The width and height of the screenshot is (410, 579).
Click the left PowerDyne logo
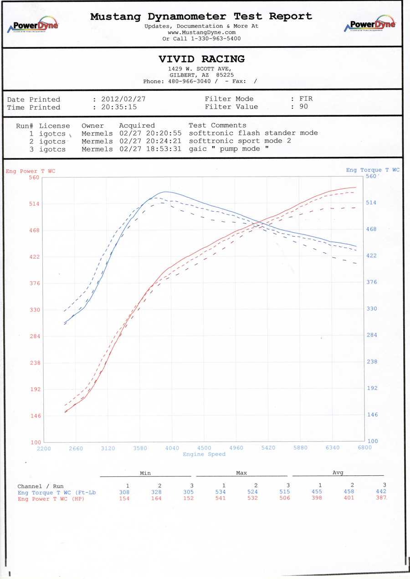33,25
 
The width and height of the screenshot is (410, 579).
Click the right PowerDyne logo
369,24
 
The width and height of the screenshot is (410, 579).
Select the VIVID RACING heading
201,59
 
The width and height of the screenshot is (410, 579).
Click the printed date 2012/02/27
123,99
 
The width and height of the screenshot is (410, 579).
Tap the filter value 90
304,106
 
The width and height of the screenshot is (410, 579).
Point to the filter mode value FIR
306,99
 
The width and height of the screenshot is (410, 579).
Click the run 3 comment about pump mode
229,149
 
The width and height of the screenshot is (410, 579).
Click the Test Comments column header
217,125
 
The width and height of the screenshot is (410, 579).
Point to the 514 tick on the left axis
34,203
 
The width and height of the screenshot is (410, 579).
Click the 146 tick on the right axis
372,415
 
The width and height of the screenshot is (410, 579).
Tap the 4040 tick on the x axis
172,448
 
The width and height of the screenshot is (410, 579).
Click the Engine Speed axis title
204,454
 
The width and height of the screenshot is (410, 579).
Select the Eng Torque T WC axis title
373,170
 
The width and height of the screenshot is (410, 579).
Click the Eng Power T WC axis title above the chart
31,171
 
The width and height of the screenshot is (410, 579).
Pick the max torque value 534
220,492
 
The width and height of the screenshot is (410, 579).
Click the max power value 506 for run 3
285,498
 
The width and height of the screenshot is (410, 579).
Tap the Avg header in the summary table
338,473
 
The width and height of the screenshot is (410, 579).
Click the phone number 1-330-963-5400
216,38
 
